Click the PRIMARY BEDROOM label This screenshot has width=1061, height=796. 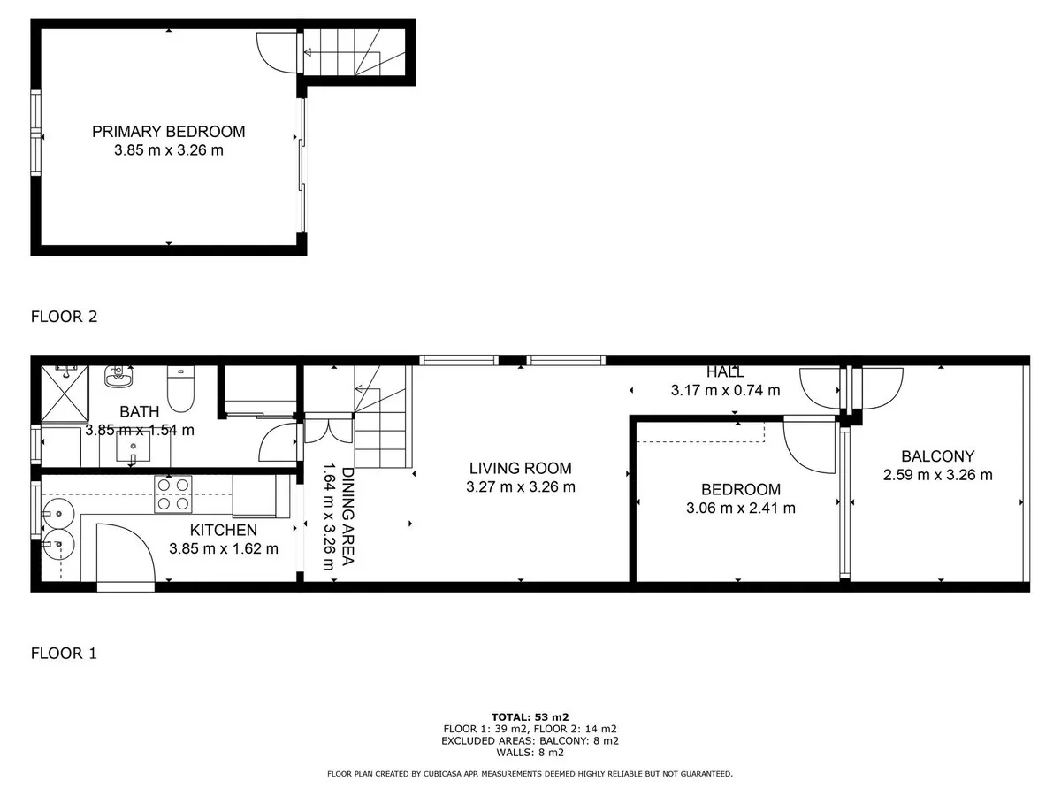tap(168, 132)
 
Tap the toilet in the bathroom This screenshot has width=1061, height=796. tap(180, 388)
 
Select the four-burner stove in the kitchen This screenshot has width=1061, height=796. tap(173, 494)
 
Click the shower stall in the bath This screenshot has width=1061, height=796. tap(65, 394)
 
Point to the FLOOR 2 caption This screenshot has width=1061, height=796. tap(65, 317)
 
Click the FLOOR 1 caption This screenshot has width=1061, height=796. tap(64, 653)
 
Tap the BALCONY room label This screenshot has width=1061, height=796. tap(937, 455)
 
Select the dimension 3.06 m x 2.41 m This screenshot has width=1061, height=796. tap(741, 508)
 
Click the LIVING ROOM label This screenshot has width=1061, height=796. tap(520, 468)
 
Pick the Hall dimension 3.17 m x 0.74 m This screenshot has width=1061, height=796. tap(725, 390)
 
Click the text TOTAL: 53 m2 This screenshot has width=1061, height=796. tap(530, 716)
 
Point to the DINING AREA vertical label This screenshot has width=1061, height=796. tap(348, 517)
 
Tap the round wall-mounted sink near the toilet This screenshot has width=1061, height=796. tap(118, 377)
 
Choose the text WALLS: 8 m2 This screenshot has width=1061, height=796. tap(530, 753)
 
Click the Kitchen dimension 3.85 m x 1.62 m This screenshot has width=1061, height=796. tap(224, 548)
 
